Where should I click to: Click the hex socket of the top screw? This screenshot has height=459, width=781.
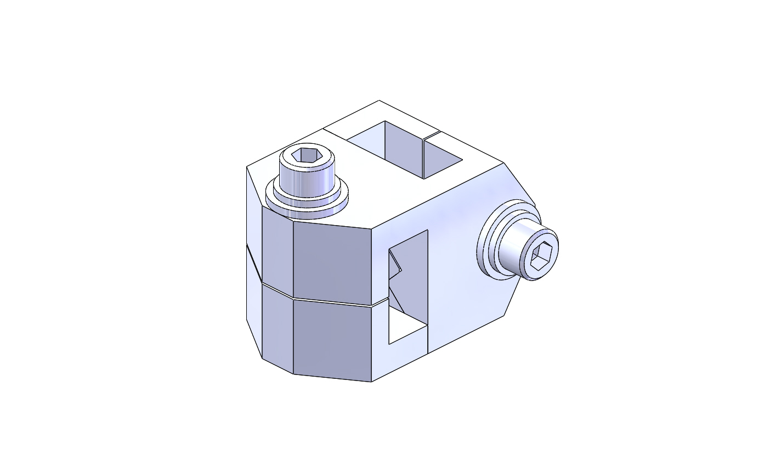point(307,155)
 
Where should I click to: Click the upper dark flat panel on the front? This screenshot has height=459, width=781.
point(332,261)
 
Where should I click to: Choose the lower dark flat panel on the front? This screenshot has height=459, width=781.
point(332,340)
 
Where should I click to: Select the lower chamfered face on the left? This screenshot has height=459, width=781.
point(277,324)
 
